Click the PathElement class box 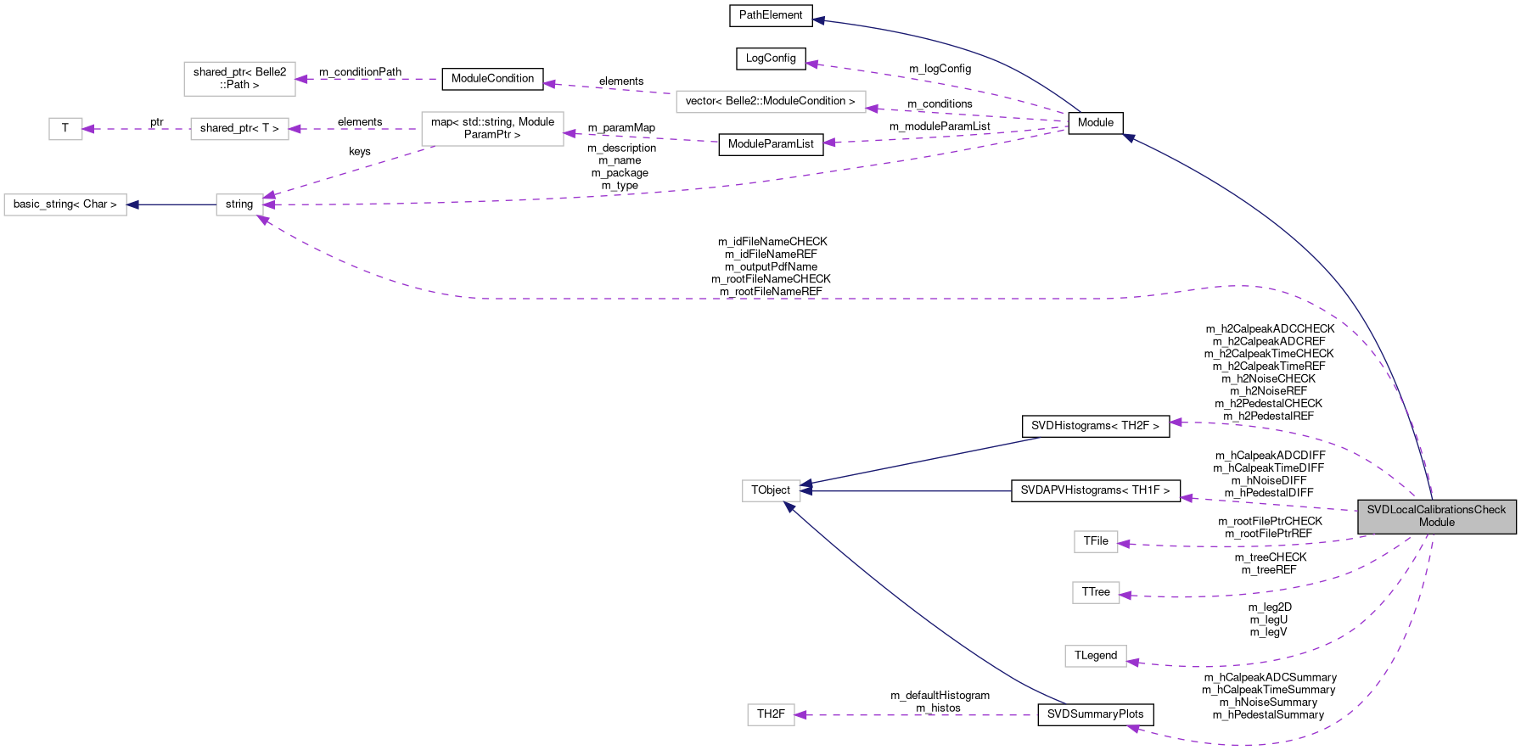[x=771, y=15]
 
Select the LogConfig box [x=771, y=59]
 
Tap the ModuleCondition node [x=492, y=79]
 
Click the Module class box [x=1096, y=123]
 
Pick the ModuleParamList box [x=771, y=144]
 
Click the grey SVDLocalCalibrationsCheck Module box [x=1436, y=517]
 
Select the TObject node [x=771, y=490]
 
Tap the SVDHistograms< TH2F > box [x=1095, y=426]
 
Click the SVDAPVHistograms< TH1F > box [x=1095, y=490]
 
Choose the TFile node [x=1096, y=541]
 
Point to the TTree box [x=1096, y=592]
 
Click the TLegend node [x=1096, y=656]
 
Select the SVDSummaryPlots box [x=1095, y=714]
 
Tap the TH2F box [x=771, y=714]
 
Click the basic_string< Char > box [x=65, y=204]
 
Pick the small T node [x=65, y=129]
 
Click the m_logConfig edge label [x=940, y=69]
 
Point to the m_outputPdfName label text [x=771, y=266]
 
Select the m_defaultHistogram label [x=940, y=696]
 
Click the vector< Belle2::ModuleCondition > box [x=771, y=102]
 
